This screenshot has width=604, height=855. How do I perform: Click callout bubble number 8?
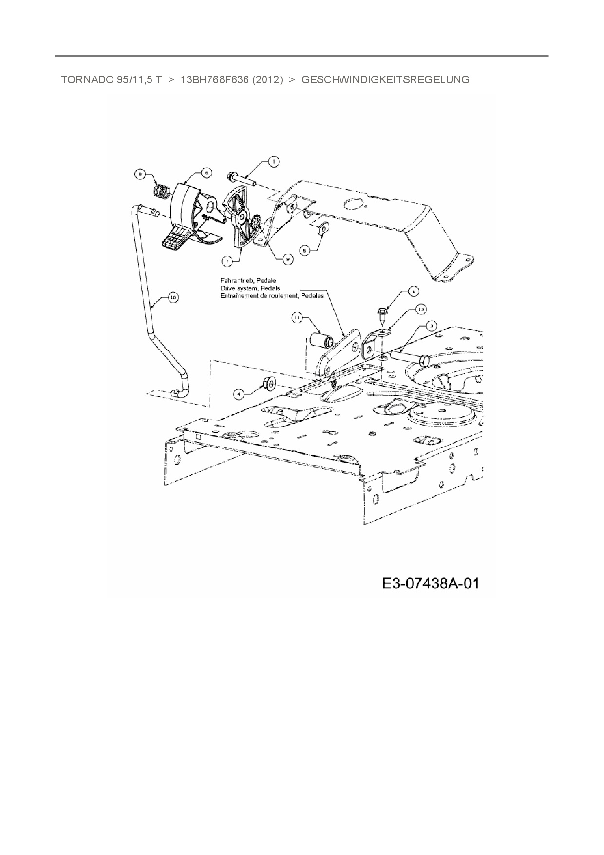tap(140, 174)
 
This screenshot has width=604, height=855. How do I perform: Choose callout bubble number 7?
tap(227, 261)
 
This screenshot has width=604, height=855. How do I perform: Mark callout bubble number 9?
tap(288, 260)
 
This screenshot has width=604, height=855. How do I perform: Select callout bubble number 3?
tap(431, 325)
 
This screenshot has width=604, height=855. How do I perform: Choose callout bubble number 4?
tap(238, 392)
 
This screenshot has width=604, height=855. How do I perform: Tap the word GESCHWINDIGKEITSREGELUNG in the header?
tap(385, 79)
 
